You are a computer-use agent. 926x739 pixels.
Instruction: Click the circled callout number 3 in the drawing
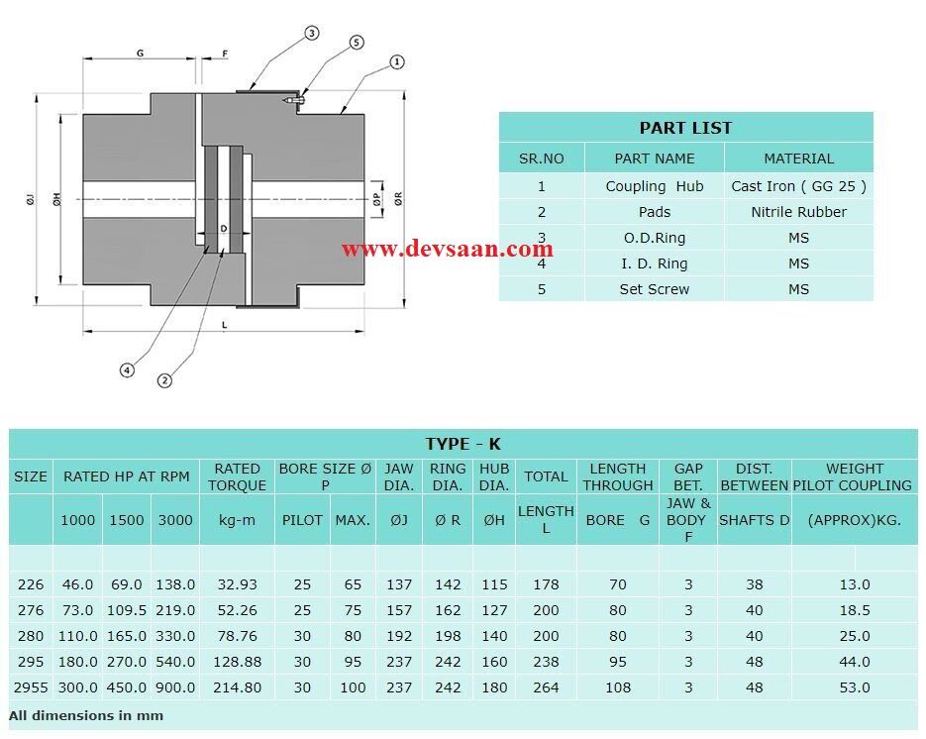311,34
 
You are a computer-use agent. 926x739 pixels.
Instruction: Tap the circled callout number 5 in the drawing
357,43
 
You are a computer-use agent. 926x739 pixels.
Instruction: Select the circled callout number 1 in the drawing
396,62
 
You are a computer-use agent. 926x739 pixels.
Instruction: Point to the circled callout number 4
127,369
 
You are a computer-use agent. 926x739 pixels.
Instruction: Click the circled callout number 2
165,379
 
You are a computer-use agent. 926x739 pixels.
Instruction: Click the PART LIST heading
685,128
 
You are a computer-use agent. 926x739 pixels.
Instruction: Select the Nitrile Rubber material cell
798,212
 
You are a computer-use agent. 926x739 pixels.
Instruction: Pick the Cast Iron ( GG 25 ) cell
798,186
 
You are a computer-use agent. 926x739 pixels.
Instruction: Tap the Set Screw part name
654,289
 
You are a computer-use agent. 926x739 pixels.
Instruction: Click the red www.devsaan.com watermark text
448,249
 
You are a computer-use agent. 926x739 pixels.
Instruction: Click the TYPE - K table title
463,444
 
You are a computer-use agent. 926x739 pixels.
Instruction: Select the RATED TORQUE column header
237,476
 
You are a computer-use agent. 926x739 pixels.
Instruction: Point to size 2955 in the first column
30,687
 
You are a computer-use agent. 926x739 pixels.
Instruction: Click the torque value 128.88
237,662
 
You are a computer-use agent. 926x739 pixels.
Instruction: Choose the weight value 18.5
854,610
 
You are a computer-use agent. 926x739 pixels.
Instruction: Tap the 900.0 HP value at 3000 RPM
175,687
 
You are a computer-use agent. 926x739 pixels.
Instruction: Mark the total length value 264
546,687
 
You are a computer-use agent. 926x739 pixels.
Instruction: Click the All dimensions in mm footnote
86,715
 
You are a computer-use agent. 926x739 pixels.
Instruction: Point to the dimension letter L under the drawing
225,325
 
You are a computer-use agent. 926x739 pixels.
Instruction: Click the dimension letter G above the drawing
140,53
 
